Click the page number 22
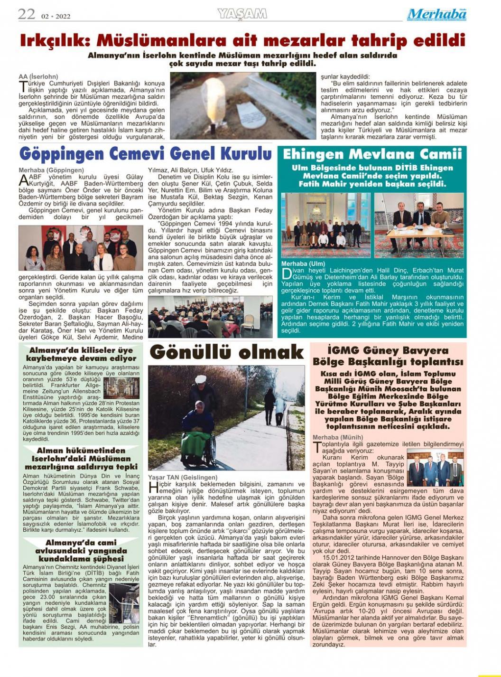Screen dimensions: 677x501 pyautogui.click(x=27, y=14)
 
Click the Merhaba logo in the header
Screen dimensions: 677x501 pyautogui.click(x=436, y=15)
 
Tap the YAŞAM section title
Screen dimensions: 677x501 pyautogui.click(x=242, y=14)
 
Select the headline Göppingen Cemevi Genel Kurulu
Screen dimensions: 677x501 pyautogui.click(x=145, y=154)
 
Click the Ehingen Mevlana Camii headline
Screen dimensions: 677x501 pyautogui.click(x=372, y=154)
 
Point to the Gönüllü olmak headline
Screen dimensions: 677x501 pyautogui.click(x=226, y=352)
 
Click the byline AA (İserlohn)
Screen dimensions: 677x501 pyautogui.click(x=38, y=76)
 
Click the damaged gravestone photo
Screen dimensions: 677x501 pyautogui.click(x=243, y=105)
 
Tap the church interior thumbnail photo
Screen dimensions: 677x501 pyautogui.click(x=121, y=387)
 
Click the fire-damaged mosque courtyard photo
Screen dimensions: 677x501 pyautogui.click(x=124, y=603)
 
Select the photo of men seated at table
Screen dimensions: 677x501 pyautogui.click(x=419, y=225)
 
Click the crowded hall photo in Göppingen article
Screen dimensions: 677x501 pyautogui.click(x=210, y=317)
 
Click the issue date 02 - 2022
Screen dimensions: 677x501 pyautogui.click(x=56, y=16)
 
